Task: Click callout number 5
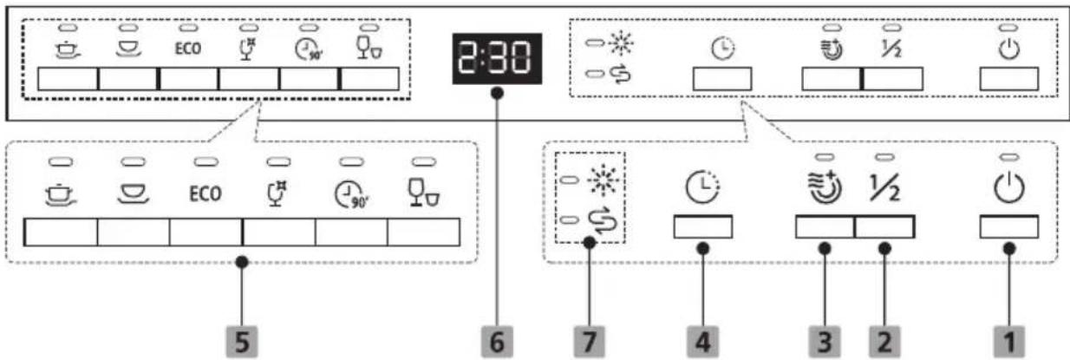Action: [x=242, y=342]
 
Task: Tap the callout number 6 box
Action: [x=497, y=342]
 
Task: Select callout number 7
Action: [x=590, y=342]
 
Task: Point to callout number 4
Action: [x=702, y=342]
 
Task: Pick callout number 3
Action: [x=825, y=342]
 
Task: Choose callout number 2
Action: [x=884, y=342]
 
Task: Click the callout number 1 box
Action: [x=1008, y=342]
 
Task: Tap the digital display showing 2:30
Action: [x=497, y=58]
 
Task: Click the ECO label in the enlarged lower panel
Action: [x=206, y=193]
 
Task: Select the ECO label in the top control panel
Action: [x=187, y=49]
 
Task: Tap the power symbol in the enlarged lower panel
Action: [x=1008, y=188]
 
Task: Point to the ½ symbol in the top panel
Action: [x=891, y=49]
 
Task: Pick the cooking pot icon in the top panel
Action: [x=68, y=49]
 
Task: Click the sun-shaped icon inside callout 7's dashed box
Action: [x=603, y=180]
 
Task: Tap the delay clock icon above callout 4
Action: [x=702, y=187]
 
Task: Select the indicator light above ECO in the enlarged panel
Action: [x=206, y=162]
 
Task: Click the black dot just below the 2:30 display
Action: [x=497, y=93]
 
